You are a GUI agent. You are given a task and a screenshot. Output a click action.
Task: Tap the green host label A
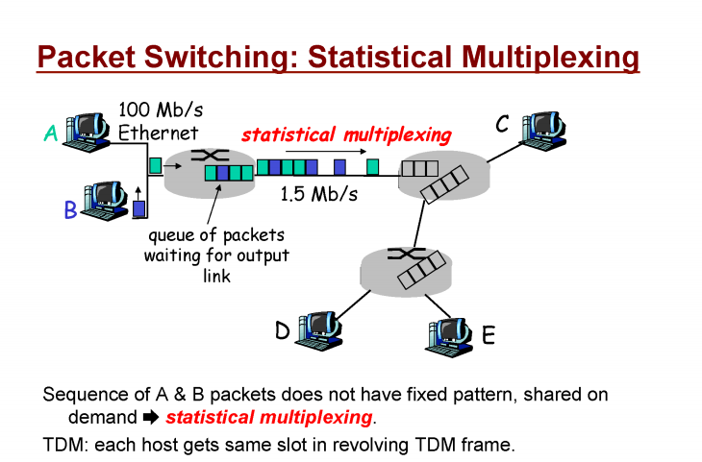point(51,134)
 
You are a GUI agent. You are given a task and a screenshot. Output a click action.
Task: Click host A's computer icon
point(91,132)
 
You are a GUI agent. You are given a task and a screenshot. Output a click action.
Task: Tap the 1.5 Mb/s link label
point(318,195)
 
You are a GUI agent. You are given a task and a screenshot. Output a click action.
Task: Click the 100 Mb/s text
point(161,109)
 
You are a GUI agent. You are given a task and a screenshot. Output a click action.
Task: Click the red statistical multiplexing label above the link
point(345,134)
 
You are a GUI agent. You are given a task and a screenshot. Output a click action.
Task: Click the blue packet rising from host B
point(138,207)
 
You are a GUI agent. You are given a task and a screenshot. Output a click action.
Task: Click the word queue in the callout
point(170,235)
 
